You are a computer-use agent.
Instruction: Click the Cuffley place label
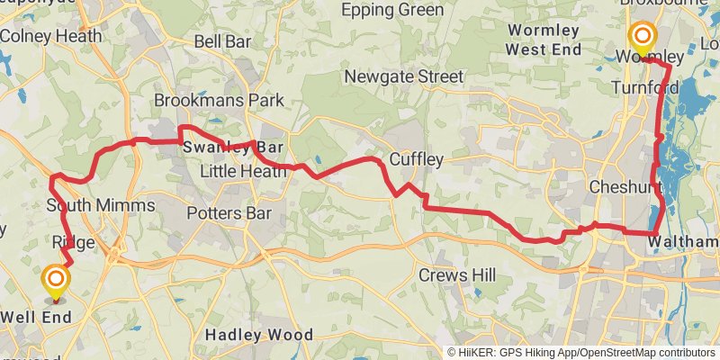tap(417, 160)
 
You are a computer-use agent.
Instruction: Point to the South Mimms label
tap(100, 205)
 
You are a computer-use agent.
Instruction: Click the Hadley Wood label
tap(258, 335)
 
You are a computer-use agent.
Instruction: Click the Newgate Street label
tap(402, 77)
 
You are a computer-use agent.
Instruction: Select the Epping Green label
tap(393, 10)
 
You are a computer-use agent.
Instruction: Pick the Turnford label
tap(643, 87)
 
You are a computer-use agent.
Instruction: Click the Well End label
tap(37, 317)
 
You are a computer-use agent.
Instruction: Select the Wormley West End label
tap(544, 40)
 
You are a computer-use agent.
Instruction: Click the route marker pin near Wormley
tap(643, 38)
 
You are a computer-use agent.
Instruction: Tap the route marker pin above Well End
tap(56, 281)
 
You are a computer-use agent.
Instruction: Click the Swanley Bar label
tap(233, 147)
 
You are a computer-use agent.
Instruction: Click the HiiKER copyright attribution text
tap(581, 352)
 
